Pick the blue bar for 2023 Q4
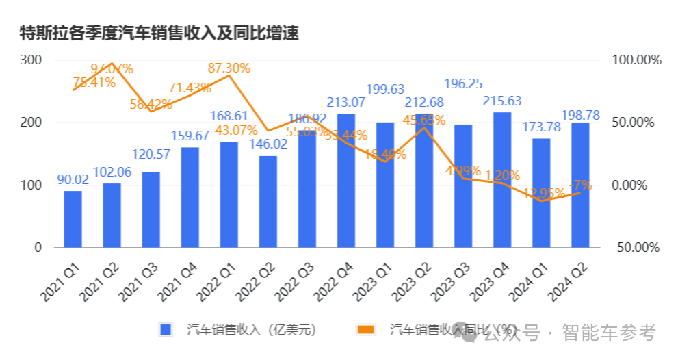[x=502, y=180]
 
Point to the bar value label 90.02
[x=73, y=180]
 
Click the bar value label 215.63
[x=502, y=101]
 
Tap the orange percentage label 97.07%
[x=112, y=68]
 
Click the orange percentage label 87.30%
[x=229, y=68]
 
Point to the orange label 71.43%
[x=190, y=88]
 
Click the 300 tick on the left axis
[x=31, y=60]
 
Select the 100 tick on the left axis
[x=31, y=185]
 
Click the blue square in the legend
[x=165, y=330]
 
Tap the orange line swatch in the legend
[x=365, y=330]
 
